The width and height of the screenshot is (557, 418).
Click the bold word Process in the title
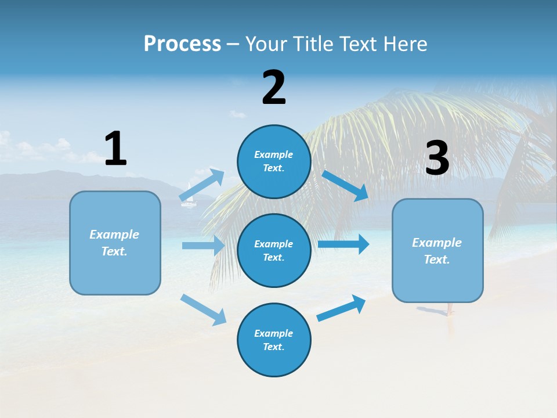(182, 44)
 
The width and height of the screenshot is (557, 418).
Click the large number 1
(115, 149)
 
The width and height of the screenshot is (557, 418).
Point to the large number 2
(274, 88)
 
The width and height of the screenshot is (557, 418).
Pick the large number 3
(437, 158)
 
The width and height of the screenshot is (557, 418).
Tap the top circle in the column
(274, 161)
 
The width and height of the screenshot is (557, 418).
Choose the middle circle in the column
(274, 250)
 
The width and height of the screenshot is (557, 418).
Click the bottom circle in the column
(274, 340)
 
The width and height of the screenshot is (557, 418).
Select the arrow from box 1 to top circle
(202, 185)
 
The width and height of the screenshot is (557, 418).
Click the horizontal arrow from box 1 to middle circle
(203, 246)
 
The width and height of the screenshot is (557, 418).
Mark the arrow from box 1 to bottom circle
(203, 309)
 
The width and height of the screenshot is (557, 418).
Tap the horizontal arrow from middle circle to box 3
(343, 244)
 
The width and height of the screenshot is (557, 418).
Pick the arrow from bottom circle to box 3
(341, 308)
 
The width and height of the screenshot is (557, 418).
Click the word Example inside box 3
(437, 243)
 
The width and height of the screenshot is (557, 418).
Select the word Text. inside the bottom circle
(273, 347)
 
